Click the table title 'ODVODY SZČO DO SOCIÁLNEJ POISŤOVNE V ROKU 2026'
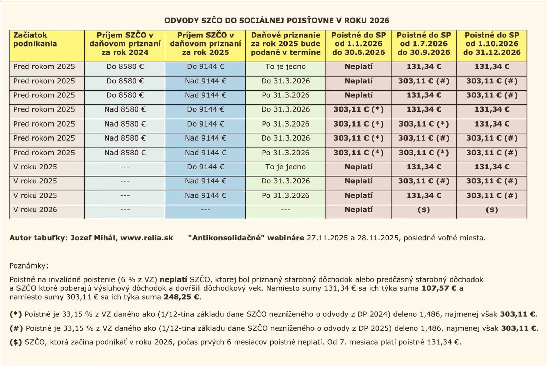277,21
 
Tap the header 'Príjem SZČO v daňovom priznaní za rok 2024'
125,44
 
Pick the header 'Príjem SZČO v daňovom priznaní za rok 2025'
205,44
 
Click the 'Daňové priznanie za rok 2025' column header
285,44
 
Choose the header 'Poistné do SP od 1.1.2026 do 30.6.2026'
358,44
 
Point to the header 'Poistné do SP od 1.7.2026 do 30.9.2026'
424,44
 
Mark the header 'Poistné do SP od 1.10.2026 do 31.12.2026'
492,44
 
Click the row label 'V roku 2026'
35,210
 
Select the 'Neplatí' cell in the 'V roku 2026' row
358,210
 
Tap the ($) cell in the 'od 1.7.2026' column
424,210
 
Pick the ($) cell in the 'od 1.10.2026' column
492,210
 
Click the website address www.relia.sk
147,238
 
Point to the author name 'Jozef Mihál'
93,238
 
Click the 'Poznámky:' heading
29,266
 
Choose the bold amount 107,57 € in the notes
439,288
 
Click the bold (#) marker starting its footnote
16,328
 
